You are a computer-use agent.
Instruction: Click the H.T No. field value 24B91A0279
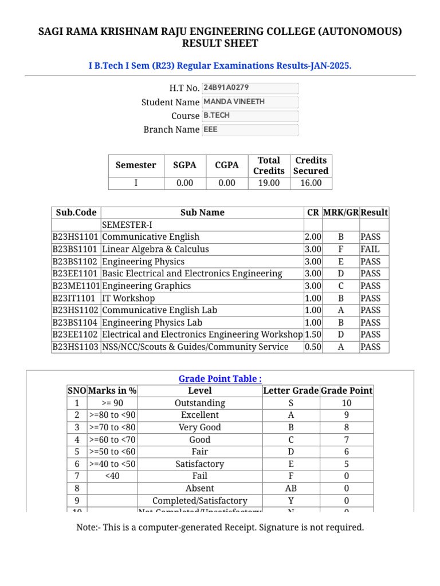pos(250,88)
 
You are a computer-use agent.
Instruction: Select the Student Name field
pos(250,102)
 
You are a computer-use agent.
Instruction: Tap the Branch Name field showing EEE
pos(250,129)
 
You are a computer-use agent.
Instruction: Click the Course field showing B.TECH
pos(250,116)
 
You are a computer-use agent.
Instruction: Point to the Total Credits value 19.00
pos(269,183)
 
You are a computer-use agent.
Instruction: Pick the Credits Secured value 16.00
pos(311,183)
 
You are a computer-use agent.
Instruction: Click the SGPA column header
pos(184,165)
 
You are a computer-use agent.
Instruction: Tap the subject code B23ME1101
pos(76,286)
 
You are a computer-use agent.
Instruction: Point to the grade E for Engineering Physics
pos(341,262)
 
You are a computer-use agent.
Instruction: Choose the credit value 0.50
pos(313,347)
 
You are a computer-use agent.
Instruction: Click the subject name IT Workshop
pos(128,298)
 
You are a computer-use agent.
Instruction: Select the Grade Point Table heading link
pos(220,379)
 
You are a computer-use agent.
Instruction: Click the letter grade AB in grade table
pos(290,488)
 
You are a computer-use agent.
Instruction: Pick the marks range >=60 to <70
pos(112,439)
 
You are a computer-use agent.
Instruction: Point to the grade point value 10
pos(346,403)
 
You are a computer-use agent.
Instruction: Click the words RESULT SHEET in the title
pos(220,43)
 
